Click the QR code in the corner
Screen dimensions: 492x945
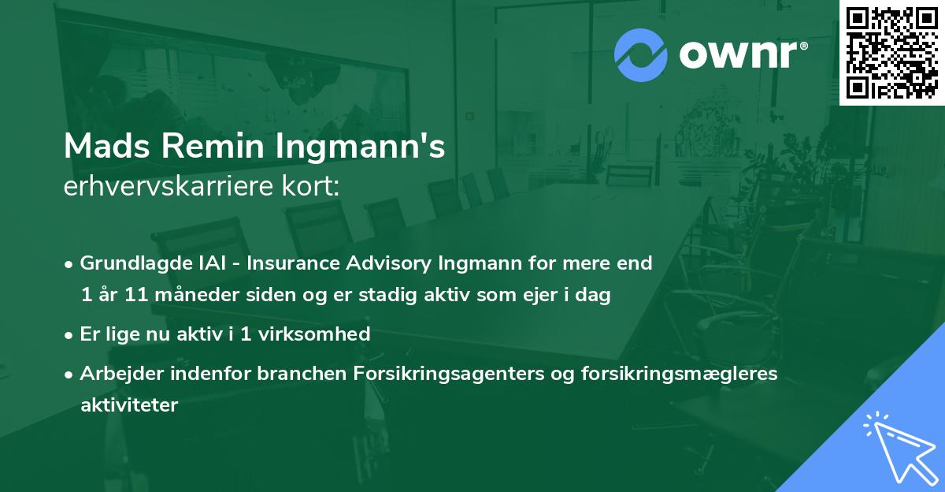[x=891, y=53]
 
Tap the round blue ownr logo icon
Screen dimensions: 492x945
[x=641, y=55]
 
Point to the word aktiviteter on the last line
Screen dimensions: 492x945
[x=129, y=405]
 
